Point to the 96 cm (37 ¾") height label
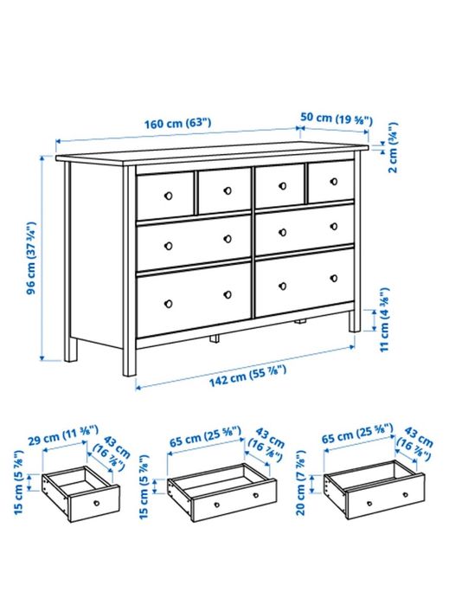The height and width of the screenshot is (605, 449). (30, 257)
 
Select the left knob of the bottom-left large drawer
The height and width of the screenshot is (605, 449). (170, 303)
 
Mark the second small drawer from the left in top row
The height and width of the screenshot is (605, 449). (224, 190)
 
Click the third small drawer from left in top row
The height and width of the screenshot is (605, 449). (279, 185)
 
